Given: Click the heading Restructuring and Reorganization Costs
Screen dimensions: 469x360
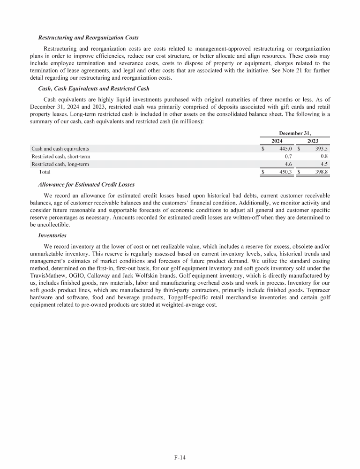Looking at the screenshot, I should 88,38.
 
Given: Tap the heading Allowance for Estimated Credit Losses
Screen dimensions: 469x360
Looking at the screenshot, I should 86,184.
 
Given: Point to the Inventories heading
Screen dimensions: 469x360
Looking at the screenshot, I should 52,235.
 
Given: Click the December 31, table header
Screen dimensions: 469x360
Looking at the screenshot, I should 295,133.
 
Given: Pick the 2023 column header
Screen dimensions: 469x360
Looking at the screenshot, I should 313,141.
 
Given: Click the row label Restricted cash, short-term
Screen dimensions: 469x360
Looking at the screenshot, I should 60,157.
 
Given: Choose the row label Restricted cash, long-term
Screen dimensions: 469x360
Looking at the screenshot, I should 60,164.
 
